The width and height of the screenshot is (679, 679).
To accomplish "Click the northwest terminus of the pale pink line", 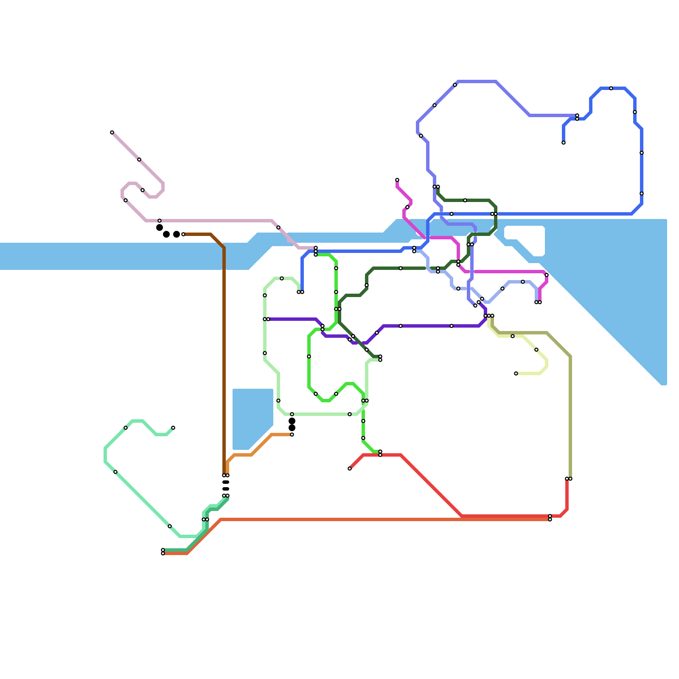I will pos(112,132).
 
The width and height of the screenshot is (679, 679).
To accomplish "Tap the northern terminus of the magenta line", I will pos(397,180).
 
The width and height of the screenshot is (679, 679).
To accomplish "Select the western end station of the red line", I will pos(350,469).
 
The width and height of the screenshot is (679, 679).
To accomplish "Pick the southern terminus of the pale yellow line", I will pos(516,373).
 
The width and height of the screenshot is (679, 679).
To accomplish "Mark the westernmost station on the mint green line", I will pos(115,472).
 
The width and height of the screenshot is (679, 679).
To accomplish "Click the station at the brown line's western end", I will pos(183,234).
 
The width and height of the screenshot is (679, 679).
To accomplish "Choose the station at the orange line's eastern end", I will pos(292,435).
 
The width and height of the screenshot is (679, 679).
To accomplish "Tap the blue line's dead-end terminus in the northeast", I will pos(564,143).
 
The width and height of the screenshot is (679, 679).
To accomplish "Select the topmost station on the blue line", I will pos(611,88).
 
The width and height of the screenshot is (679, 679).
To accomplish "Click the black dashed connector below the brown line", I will pos(226,485).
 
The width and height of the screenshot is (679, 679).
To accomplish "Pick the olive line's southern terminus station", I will pos(570,479).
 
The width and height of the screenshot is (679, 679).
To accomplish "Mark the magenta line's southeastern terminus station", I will pos(540,302).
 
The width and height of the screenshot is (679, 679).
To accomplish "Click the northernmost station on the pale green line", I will pos(282,278).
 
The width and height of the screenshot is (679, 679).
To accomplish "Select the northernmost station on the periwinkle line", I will pos(455,85).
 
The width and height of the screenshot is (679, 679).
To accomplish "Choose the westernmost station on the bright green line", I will pos(309,356).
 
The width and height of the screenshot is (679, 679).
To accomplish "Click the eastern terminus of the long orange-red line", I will pos(550,519).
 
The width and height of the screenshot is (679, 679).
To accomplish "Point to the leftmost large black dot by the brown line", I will pos(160,227).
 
